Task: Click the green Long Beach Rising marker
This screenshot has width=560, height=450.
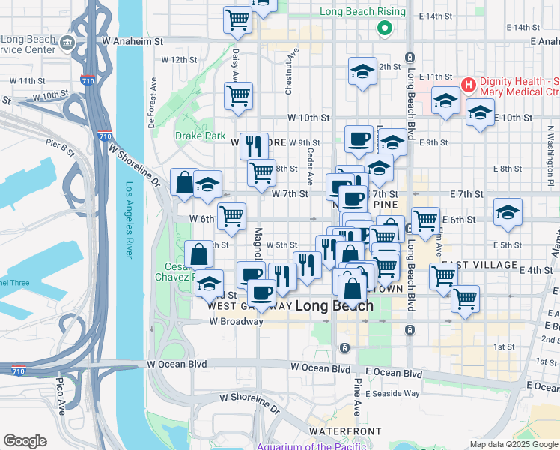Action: pyautogui.click(x=385, y=29)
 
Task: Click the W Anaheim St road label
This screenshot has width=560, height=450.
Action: pyautogui.click(x=133, y=41)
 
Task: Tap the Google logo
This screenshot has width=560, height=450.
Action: pyautogui.click(x=25, y=441)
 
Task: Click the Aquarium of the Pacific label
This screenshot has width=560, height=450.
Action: pyautogui.click(x=311, y=446)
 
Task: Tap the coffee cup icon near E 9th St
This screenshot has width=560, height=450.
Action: pyautogui.click(x=359, y=139)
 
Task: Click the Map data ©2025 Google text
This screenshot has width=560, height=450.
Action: pyautogui.click(x=513, y=443)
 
